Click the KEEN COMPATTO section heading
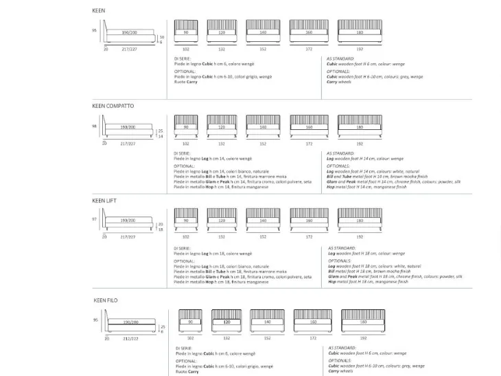[113, 107]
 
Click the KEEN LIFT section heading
[106, 201]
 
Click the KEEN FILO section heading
[106, 300]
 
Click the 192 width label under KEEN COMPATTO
[360, 144]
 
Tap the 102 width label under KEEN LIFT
[185, 236]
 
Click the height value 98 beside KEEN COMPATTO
[95, 126]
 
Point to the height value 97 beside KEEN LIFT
[95, 219]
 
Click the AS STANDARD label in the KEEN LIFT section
[341, 247]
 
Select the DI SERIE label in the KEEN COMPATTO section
[182, 153]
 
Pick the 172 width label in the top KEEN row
[309, 49]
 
